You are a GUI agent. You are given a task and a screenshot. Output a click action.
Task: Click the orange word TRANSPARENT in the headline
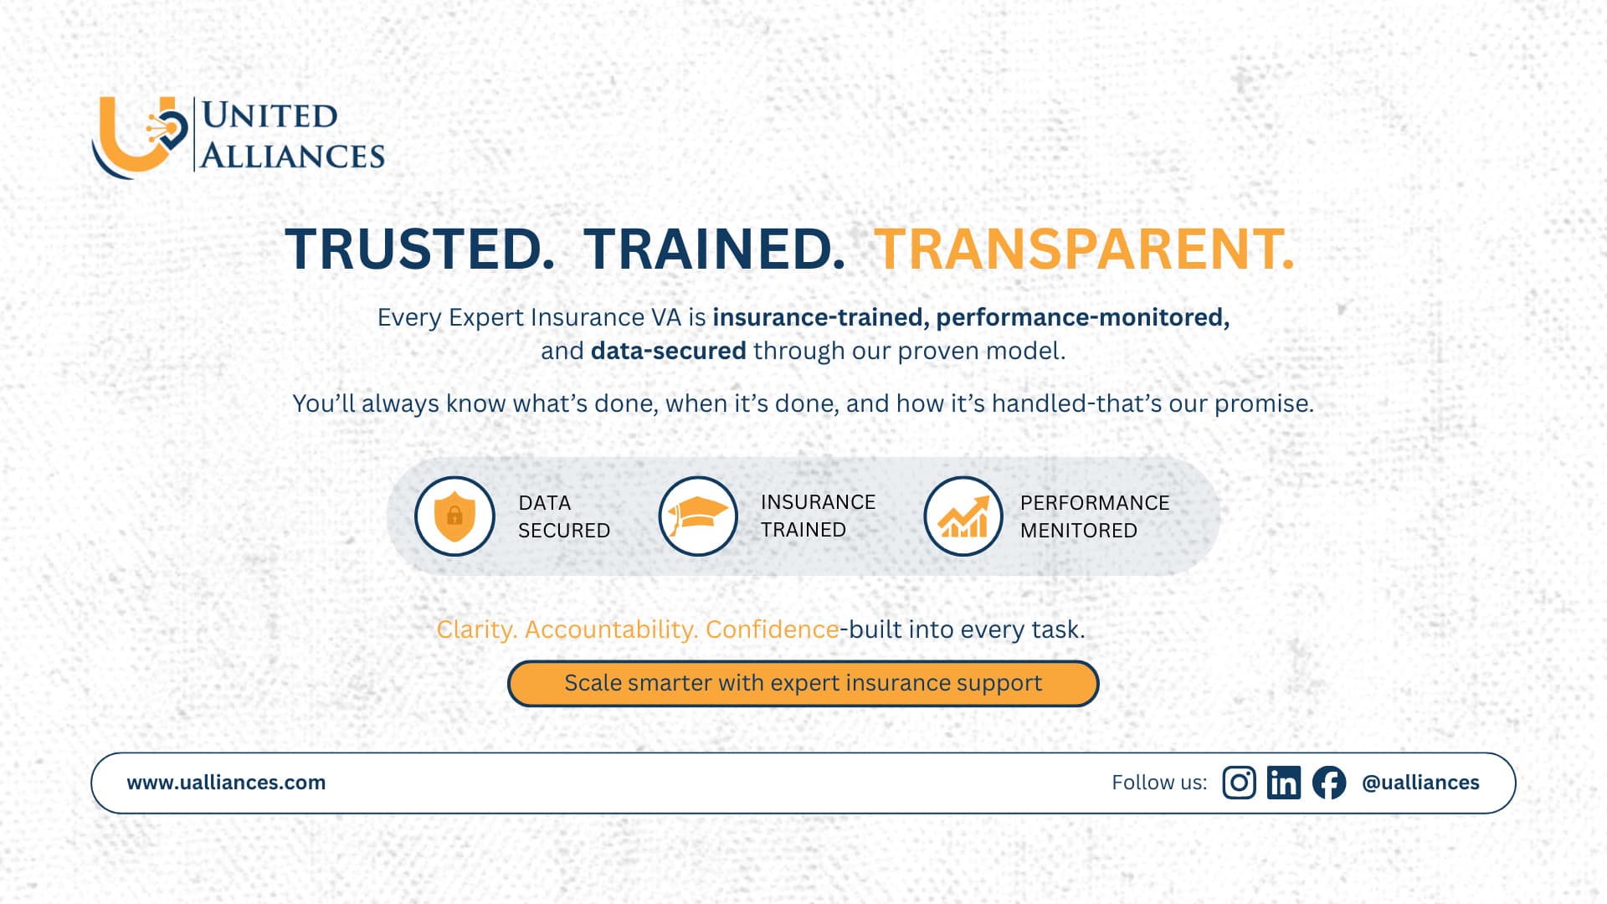click(1084, 249)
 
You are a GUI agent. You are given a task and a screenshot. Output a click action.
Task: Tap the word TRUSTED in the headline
click(418, 249)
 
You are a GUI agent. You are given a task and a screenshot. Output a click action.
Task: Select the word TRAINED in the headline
click(714, 249)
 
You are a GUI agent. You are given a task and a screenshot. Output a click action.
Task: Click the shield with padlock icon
click(454, 516)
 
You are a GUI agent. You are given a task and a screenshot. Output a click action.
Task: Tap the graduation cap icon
click(697, 516)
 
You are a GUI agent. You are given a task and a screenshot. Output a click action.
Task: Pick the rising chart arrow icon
click(963, 516)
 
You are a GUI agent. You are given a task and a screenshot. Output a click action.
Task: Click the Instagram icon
click(1239, 783)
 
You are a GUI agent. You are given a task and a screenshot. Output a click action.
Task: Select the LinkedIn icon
click(1283, 783)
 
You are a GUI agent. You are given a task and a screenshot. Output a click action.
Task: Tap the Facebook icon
click(1328, 783)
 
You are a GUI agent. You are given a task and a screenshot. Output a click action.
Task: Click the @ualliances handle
click(1420, 783)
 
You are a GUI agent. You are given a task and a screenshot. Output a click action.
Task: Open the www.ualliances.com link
click(226, 783)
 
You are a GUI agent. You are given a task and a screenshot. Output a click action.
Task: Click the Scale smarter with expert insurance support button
click(803, 683)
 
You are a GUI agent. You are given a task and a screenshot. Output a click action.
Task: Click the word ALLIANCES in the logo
click(292, 157)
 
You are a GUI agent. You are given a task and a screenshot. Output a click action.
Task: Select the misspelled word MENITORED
click(1078, 531)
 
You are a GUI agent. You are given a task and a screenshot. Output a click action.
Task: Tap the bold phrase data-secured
click(668, 351)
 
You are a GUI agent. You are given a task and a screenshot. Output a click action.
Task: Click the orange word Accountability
click(610, 629)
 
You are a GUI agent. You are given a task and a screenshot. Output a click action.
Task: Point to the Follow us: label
click(1159, 783)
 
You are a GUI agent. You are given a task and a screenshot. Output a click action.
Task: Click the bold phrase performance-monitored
click(1082, 317)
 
